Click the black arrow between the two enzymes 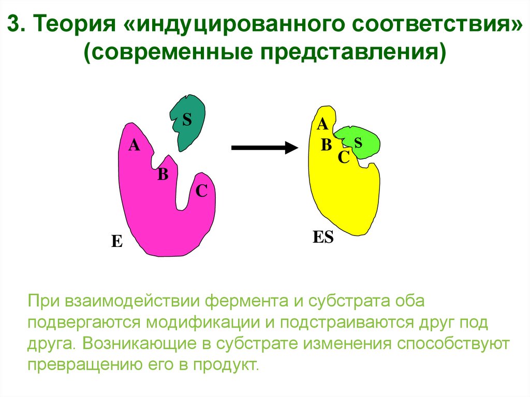(x=264, y=148)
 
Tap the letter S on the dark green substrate (x=187, y=120)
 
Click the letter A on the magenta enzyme (x=134, y=145)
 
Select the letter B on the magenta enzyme (x=163, y=174)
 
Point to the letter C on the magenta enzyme (x=201, y=192)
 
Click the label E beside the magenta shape (x=117, y=241)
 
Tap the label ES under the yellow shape (x=323, y=238)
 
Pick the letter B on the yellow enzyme (x=326, y=145)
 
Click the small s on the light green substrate (x=358, y=141)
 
